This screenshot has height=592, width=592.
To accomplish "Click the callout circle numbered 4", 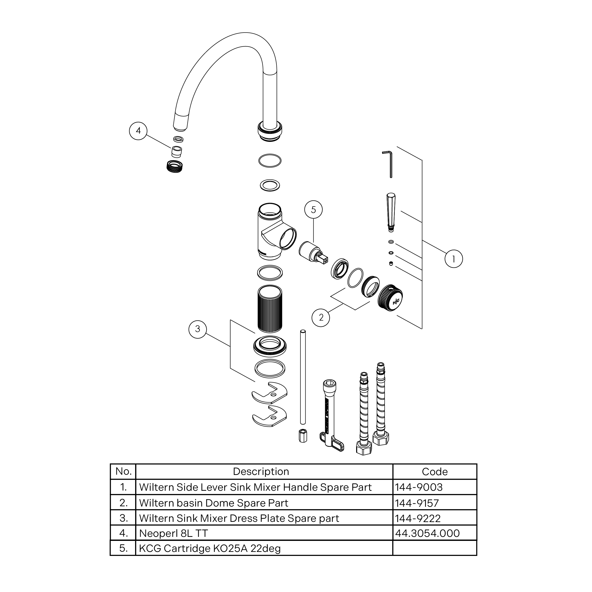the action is [138, 131].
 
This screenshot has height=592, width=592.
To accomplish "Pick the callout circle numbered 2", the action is [321, 318].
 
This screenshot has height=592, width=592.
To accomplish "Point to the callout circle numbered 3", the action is [198, 329].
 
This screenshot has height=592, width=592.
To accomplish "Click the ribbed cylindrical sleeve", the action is [270, 309].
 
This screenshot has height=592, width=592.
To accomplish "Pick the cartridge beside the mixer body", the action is [313, 252].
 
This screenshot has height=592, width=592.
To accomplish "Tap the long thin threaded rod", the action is [303, 377].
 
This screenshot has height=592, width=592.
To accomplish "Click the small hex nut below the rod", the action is [303, 435].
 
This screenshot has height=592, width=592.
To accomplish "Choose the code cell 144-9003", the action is [435, 487].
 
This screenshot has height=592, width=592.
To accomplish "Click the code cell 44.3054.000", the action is [435, 533].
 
